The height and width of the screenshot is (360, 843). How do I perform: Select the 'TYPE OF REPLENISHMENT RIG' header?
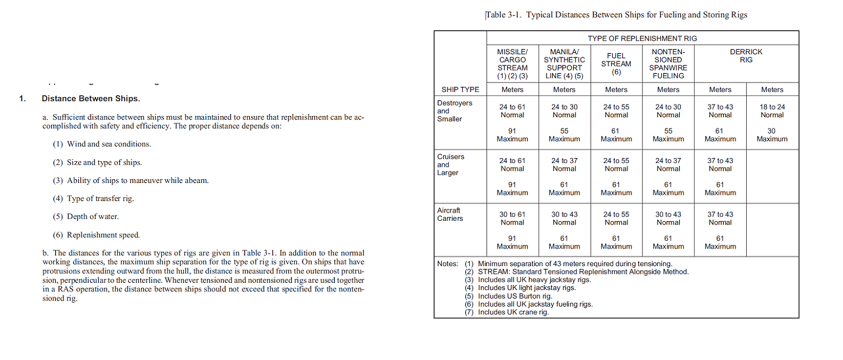[x=642, y=38]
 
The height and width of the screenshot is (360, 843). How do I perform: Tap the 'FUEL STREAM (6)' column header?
[x=616, y=63]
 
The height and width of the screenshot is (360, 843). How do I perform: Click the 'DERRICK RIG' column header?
[x=746, y=56]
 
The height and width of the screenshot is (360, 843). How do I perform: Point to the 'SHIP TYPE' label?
[x=460, y=90]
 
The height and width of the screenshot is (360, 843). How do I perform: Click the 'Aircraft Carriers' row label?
[x=449, y=214]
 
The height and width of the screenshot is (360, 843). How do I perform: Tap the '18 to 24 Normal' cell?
[x=772, y=111]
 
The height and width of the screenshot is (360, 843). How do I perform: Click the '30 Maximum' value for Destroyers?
[x=772, y=135]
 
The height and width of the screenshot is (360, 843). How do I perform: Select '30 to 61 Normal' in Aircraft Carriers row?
[x=512, y=218]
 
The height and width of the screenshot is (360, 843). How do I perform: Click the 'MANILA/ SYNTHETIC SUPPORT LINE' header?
[x=564, y=63]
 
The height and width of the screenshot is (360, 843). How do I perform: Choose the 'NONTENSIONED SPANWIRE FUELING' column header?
[x=668, y=63]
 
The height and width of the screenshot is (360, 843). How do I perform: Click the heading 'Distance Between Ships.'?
[x=91, y=98]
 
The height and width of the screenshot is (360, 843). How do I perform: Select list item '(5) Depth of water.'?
[x=85, y=217]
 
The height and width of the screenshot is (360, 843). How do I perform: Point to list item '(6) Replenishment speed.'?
[x=96, y=235]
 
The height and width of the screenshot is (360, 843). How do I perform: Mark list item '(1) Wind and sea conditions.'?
[x=102, y=144]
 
